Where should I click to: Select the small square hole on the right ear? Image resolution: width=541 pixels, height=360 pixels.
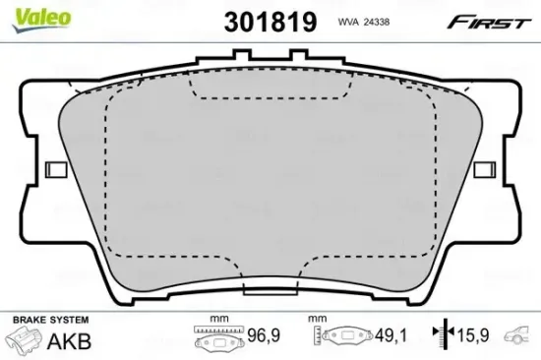click(x=483, y=169)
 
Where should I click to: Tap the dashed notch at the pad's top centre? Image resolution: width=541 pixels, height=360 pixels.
click(x=270, y=91)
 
